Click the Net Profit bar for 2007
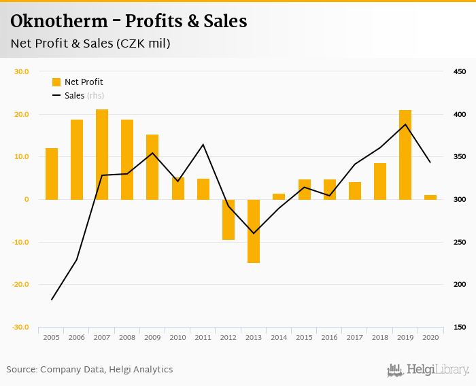tap(102, 154)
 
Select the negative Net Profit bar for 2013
tap(254, 231)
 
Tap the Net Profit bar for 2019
tap(405, 155)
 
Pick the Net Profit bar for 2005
tap(52, 174)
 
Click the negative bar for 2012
tap(228, 220)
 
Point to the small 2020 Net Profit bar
tap(430, 197)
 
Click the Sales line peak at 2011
tap(203, 144)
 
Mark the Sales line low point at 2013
tap(254, 233)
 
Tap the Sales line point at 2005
tap(52, 300)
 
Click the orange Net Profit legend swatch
tap(56, 82)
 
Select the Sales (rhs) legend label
tap(84, 96)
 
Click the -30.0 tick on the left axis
tap(20, 327)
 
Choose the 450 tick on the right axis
tap(459, 72)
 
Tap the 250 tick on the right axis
tap(459, 242)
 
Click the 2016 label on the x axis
tap(329, 337)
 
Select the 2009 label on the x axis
tap(152, 337)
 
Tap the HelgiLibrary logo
tap(428, 370)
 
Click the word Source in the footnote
tap(21, 370)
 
